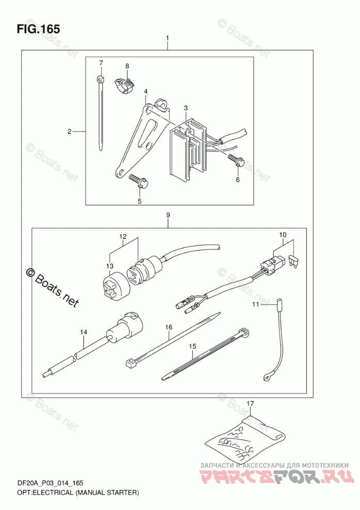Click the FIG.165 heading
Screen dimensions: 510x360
pyautogui.click(x=38, y=29)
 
